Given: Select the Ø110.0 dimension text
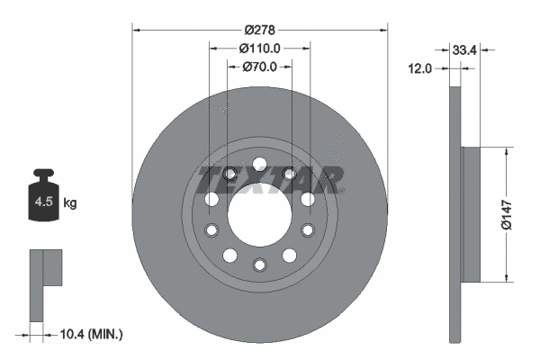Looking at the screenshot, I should tap(260, 49).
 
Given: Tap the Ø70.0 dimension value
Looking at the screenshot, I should tap(260, 67).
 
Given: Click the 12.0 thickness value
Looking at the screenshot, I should tap(421, 67).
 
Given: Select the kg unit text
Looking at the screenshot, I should tap(70, 203).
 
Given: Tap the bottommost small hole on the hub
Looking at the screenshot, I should tap(259, 265).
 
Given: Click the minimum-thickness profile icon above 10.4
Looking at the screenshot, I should tap(45, 283).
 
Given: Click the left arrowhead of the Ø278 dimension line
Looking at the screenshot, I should tap(136, 30).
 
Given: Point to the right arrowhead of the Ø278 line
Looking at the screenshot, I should tap(384, 30).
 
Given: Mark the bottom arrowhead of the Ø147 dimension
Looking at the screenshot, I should tap(508, 276).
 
